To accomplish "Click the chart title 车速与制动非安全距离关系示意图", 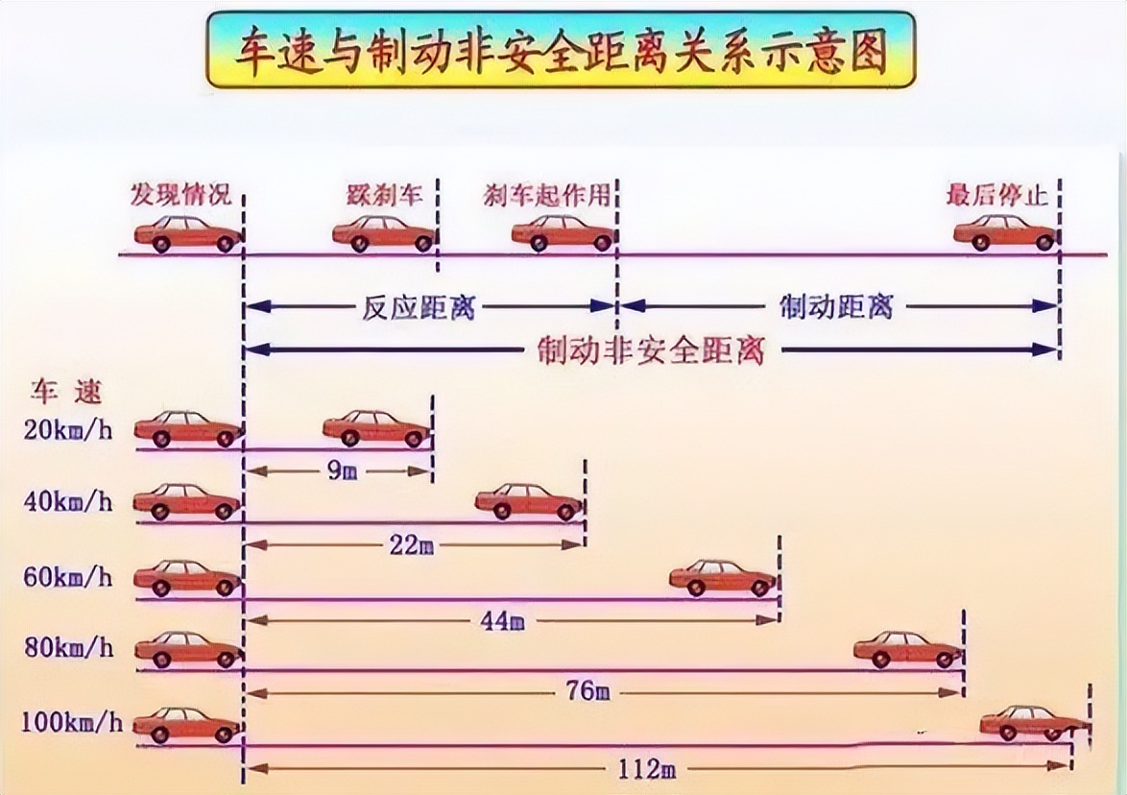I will pos(563,51).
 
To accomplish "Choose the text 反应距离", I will pos(419,307).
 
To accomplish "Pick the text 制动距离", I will pos(837,307).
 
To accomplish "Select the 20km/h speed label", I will pos(68,429).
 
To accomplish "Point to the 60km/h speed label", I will pos(68,577).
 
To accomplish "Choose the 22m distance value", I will pos(412,546).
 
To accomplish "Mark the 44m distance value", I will pos(501,621).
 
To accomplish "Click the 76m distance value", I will pos(588,692).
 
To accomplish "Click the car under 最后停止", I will pos(1004,233).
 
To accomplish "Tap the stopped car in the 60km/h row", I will pos(722,578).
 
